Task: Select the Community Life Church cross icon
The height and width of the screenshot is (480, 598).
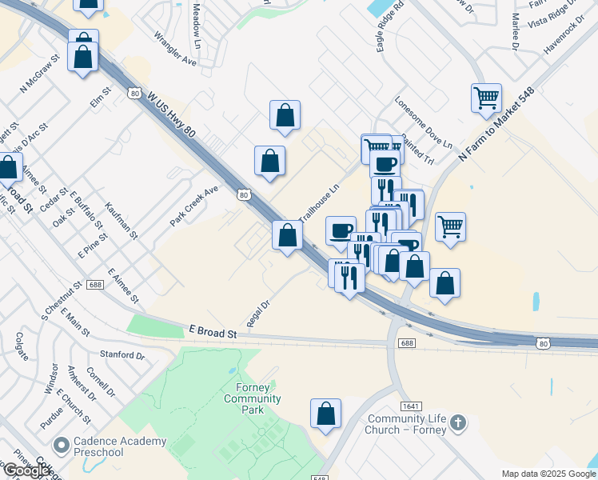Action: click(x=457, y=422)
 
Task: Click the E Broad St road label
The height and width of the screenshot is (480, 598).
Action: click(x=213, y=331)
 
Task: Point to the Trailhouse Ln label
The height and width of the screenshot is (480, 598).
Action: click(x=320, y=203)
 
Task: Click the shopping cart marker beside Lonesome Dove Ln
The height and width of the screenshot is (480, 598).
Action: click(x=486, y=98)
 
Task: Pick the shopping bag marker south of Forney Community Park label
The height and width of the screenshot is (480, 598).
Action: click(x=325, y=414)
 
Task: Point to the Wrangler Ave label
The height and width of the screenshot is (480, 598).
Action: click(x=175, y=49)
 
